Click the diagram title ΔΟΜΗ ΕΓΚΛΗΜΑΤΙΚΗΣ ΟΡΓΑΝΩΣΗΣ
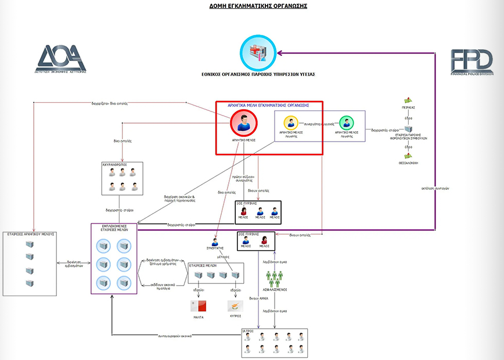258,6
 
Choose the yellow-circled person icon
291,123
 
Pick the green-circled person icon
346,123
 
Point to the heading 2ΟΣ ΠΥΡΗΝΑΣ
249,234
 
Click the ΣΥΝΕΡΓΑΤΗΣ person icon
215,242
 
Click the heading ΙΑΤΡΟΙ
249,331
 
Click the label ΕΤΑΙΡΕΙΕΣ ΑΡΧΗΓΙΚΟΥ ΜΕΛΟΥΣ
31,234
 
